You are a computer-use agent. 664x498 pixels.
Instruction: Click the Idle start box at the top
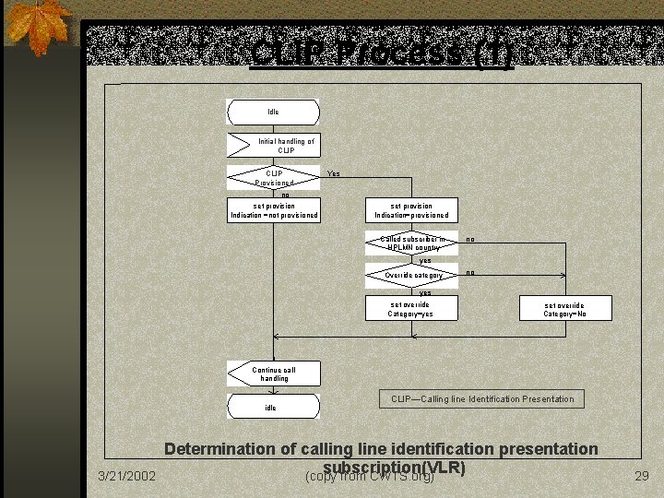(x=273, y=112)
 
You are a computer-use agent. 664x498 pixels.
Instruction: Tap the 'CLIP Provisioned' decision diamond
(x=274, y=177)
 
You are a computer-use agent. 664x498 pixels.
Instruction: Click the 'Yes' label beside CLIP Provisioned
(x=334, y=173)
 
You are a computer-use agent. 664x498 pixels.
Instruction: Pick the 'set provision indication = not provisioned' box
(x=274, y=210)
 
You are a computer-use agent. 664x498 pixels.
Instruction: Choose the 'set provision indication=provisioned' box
(x=411, y=210)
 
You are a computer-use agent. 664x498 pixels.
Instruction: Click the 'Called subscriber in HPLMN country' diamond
(x=411, y=243)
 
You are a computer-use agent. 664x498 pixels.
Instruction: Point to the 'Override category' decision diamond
(x=411, y=275)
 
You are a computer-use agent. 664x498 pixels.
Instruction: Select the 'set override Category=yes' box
(x=411, y=309)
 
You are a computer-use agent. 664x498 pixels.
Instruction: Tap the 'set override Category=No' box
(x=565, y=309)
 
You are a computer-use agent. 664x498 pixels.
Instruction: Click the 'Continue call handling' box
(x=274, y=373)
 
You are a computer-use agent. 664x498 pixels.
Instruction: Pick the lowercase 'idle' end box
(x=273, y=407)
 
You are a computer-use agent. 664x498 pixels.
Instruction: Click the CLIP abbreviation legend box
(x=481, y=399)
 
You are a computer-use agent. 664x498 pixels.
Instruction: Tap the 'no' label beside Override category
(x=470, y=273)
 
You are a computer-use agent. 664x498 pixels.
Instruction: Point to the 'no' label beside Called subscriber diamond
(x=470, y=240)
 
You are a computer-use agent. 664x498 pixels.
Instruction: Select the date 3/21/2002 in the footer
(x=127, y=476)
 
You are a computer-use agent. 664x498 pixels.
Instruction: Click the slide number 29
(x=642, y=476)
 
